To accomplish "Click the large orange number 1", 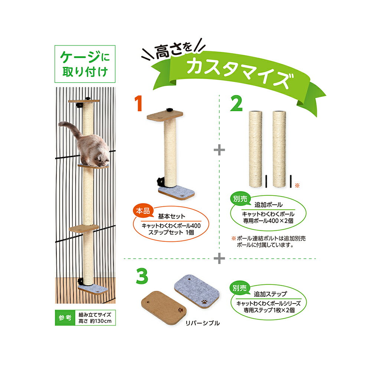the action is point(138,104).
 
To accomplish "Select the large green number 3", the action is point(142,276).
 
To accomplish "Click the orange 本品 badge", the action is point(143,211).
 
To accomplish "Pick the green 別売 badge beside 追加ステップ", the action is point(240,288).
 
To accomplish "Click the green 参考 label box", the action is point(65,318).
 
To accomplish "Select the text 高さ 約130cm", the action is point(95,321).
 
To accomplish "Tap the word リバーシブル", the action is point(203,323).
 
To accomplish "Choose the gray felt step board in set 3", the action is point(197,292).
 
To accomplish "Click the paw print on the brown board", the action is point(181,309).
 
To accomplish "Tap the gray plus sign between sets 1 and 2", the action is point(219,150).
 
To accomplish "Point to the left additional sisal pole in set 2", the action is point(256,149).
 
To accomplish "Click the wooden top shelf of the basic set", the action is point(165,116).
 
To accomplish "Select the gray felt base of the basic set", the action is point(176,192).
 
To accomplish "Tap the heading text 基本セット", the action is point(171,216).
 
